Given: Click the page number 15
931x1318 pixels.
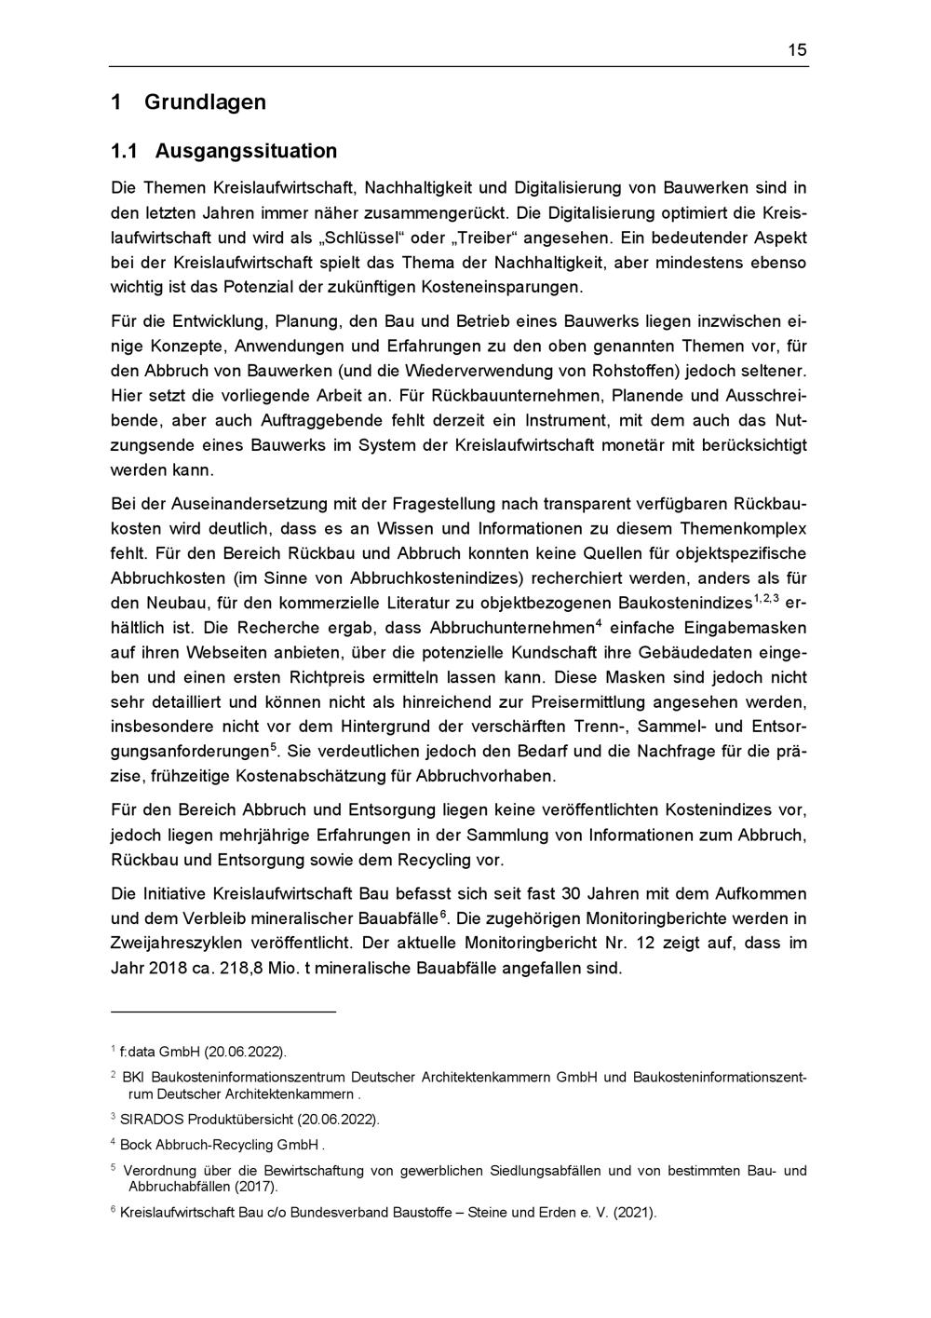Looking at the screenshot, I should click(x=797, y=50).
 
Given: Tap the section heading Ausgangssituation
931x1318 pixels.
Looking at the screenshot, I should click(x=246, y=151).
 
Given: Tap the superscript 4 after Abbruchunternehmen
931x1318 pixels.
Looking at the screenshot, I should click(x=600, y=622).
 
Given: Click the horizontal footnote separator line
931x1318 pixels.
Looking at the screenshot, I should click(x=223, y=1012).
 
